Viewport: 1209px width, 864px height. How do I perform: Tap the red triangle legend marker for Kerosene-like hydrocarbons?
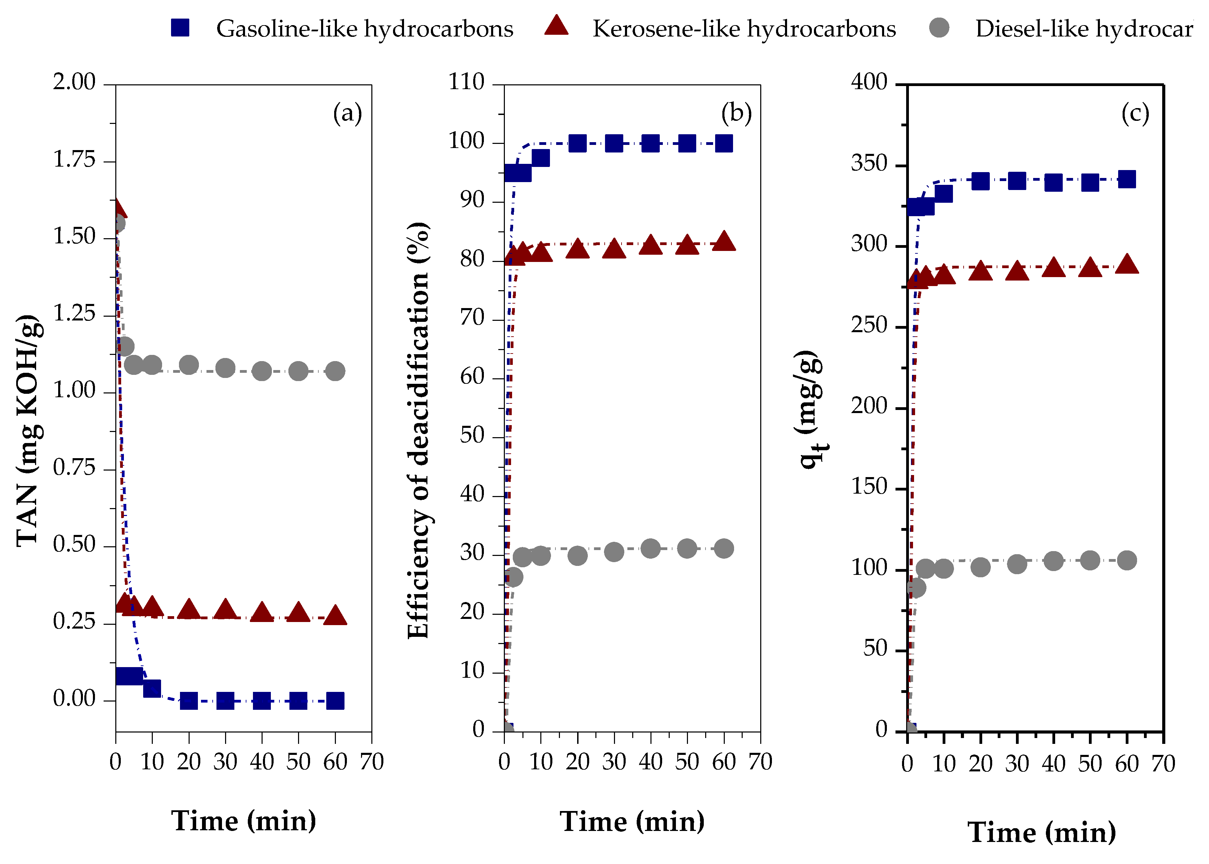click(556, 27)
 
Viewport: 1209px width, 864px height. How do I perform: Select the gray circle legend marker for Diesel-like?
click(939, 28)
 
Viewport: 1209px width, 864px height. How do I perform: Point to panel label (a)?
click(347, 113)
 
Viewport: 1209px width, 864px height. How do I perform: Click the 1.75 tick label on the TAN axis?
click(74, 160)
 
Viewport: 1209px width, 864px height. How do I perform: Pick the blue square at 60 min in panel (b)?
click(724, 143)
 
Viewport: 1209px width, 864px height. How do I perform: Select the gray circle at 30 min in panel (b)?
click(614, 552)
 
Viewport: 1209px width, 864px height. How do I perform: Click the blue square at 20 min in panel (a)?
click(189, 701)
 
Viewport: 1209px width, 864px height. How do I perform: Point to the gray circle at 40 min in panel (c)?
click(1053, 561)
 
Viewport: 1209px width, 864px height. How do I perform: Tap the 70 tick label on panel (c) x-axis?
click(1163, 764)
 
